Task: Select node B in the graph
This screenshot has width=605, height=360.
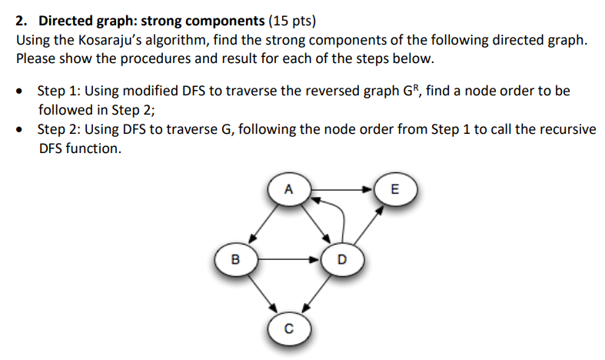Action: click(x=235, y=259)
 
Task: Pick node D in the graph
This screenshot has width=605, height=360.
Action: click(x=341, y=259)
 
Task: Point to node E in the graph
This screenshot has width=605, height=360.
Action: click(x=395, y=188)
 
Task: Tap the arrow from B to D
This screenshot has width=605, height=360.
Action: click(x=288, y=259)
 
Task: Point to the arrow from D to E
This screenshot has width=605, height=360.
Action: click(x=367, y=224)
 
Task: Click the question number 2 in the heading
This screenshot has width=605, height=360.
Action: click(x=21, y=21)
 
